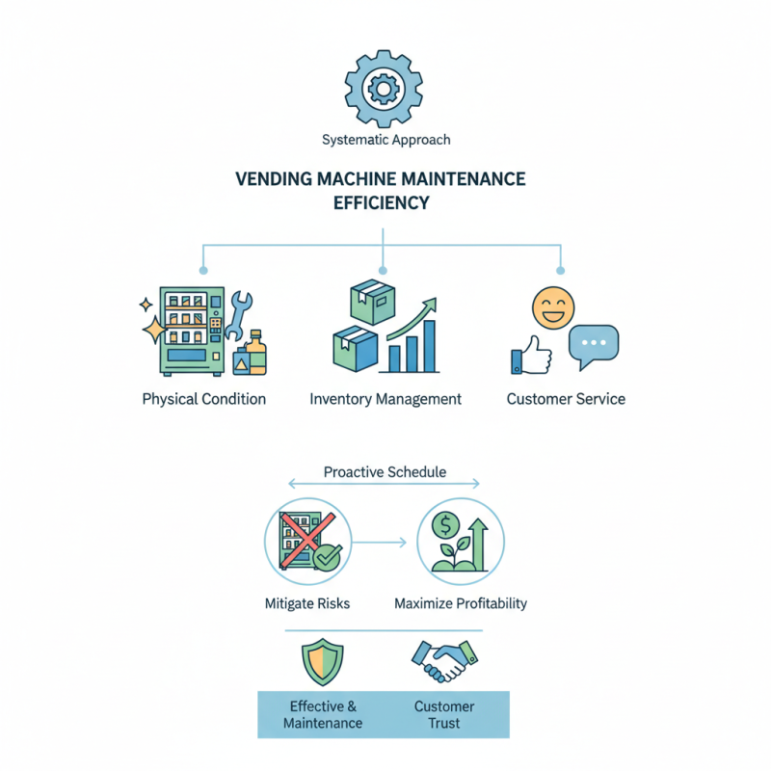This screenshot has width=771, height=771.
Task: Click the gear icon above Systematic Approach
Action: coord(385,90)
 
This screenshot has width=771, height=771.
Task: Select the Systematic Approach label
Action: coord(385,140)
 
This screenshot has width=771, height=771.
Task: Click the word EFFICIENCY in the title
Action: coord(381,203)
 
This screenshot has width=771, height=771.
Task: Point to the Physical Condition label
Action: coord(203,399)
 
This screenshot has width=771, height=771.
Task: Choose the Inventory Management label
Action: coord(385,399)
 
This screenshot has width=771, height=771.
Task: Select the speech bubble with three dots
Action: coord(593,345)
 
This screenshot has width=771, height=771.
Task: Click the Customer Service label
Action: coord(566,399)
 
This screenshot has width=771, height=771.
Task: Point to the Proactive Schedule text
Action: coord(385,472)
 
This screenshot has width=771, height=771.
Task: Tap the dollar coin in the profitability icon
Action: coord(445,524)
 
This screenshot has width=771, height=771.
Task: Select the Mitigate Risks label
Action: coord(306,604)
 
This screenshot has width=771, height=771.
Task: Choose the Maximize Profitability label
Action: coord(461,604)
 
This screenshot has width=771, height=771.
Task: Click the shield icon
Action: coord(321,662)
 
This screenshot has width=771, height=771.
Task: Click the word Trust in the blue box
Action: coord(445,723)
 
